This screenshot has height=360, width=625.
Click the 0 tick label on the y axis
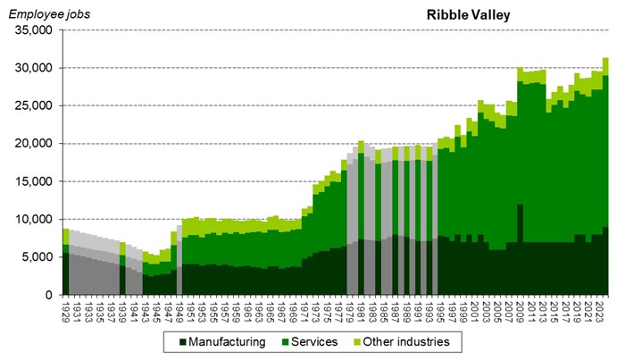point(52,295)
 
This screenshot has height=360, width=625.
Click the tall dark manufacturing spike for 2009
point(520,241)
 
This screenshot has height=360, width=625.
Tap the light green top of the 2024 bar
point(605,66)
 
